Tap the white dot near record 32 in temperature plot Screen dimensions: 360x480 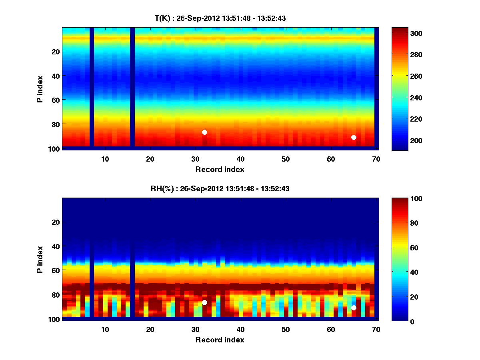point(204,132)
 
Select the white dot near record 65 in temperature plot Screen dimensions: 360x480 point(354,137)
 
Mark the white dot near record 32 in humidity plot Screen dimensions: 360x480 point(204,302)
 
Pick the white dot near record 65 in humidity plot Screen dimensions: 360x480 point(354,308)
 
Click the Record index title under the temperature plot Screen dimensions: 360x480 point(220,169)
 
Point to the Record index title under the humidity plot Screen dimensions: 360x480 point(220,340)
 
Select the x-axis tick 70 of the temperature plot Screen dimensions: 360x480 point(376,159)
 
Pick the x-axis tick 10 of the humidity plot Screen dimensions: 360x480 point(105,329)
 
